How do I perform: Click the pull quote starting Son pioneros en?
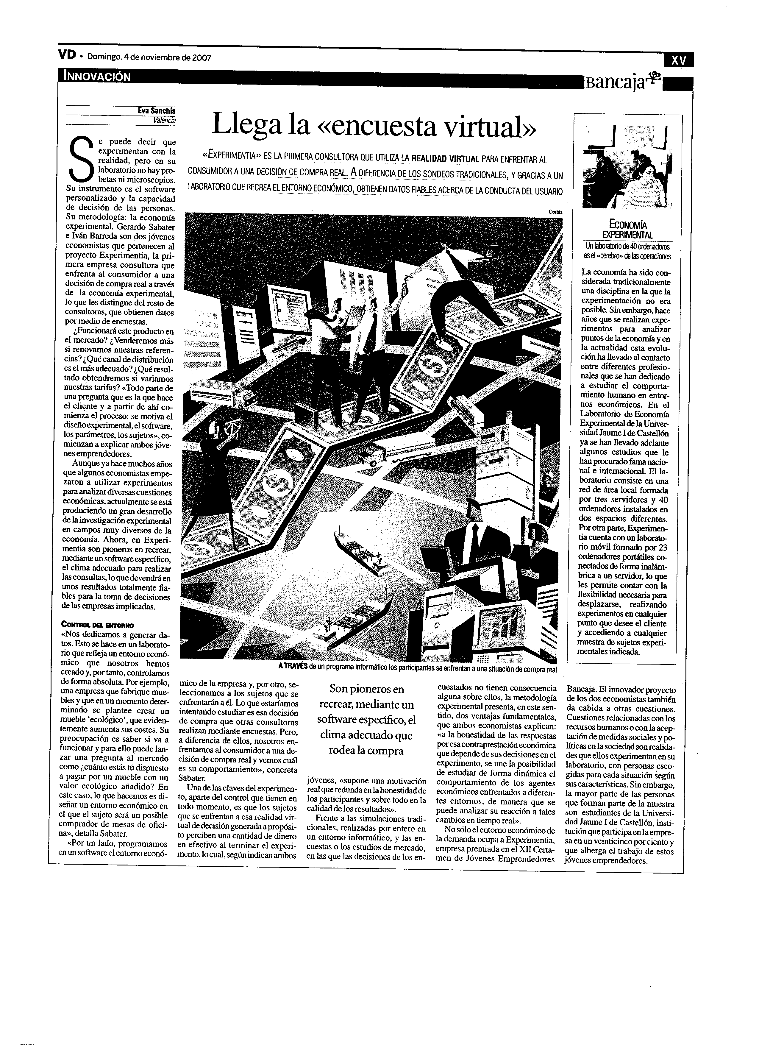(367, 720)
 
